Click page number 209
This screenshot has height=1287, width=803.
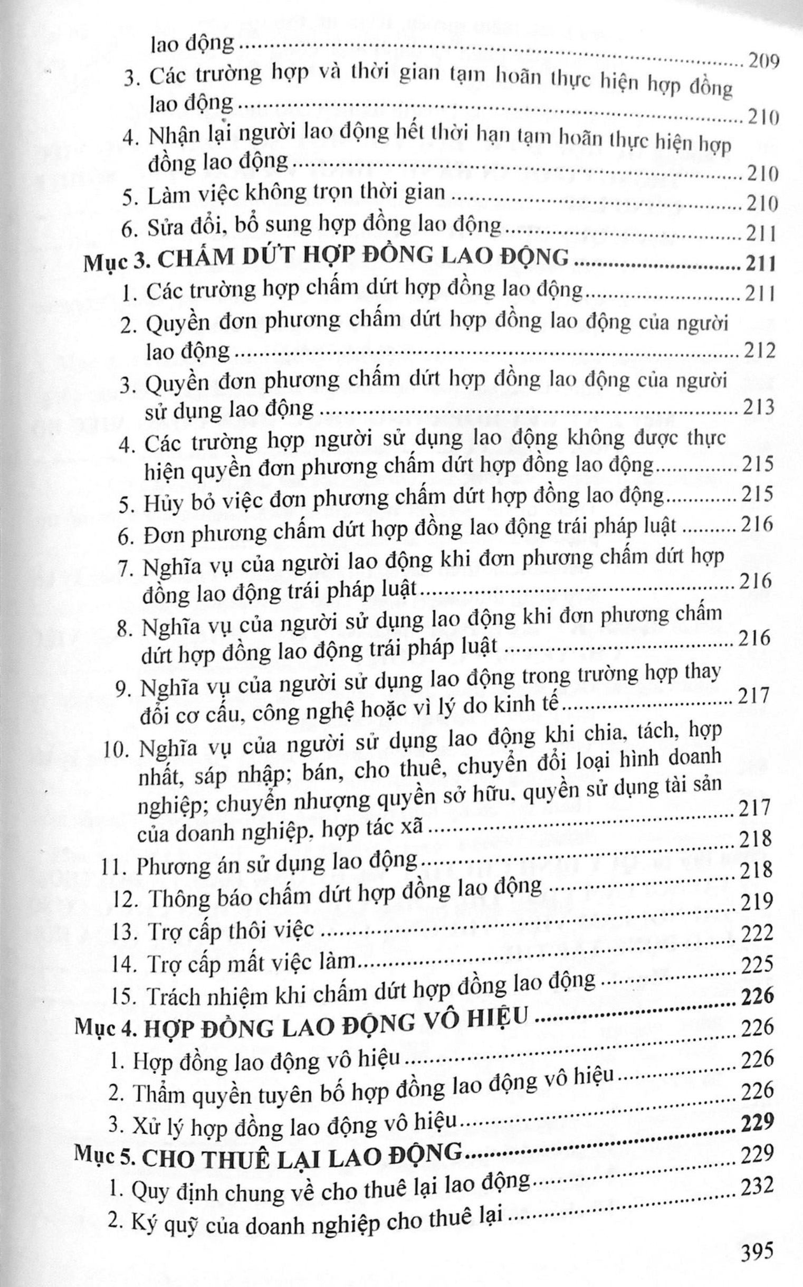762,63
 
